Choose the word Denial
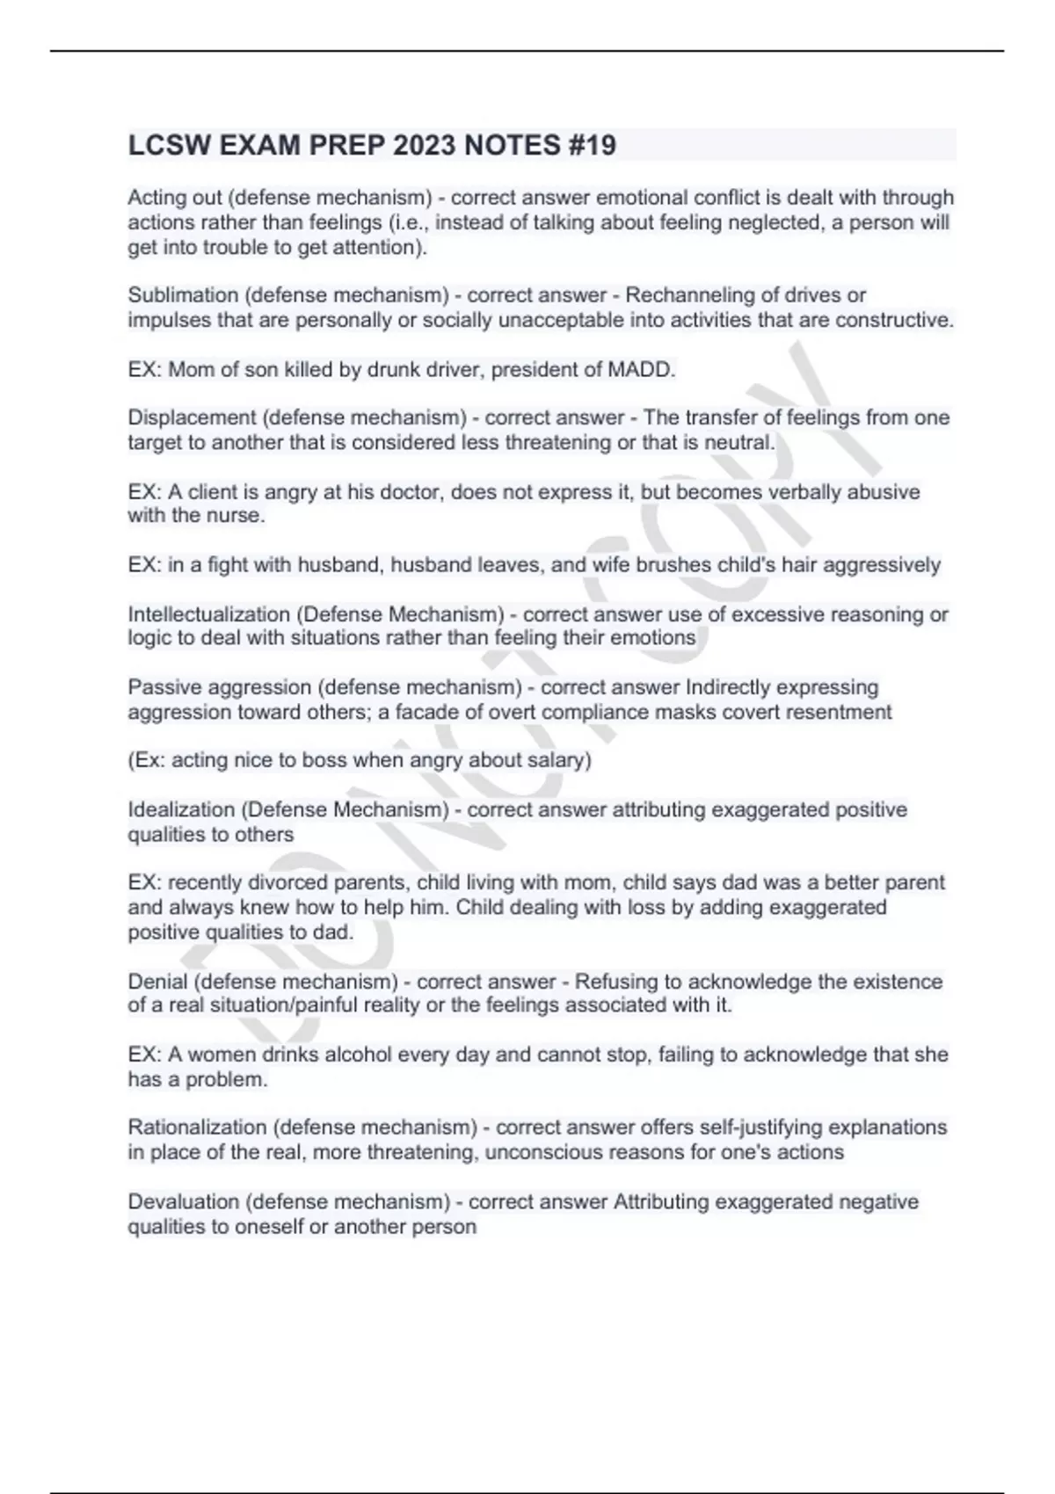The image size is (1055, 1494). [157, 982]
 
